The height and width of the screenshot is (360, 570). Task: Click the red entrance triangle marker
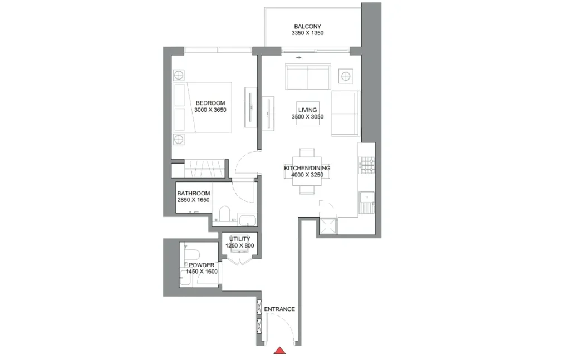pos(281,350)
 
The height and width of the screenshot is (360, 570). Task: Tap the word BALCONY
pos(307,27)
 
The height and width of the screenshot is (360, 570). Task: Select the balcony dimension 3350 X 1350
pos(307,33)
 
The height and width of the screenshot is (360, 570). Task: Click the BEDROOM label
pos(210,103)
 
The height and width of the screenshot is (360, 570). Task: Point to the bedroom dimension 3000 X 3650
pos(210,110)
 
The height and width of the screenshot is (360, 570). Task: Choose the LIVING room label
pos(307,110)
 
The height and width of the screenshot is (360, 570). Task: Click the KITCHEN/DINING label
pos(307,168)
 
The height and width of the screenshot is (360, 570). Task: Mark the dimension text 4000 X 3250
pos(307,175)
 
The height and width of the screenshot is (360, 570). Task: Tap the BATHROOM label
pos(194,194)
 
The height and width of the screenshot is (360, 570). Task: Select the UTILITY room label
pos(239,239)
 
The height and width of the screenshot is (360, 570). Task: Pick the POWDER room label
pos(201,265)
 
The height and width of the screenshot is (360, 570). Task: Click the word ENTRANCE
pos(279,309)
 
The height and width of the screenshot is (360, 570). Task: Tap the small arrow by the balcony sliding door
pos(299,57)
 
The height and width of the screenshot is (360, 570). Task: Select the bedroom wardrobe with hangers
pos(205,168)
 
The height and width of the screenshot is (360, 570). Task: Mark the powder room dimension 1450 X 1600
pos(201,272)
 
